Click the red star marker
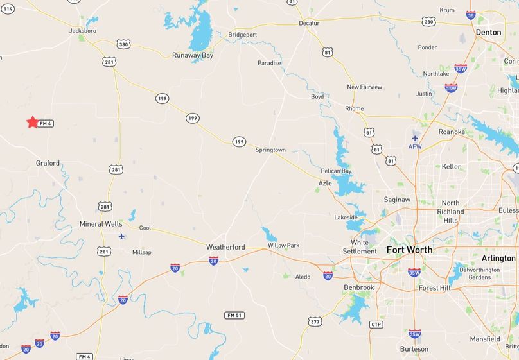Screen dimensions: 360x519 point(32,122)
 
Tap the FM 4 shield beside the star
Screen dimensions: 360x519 point(45,123)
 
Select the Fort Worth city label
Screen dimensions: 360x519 point(409,250)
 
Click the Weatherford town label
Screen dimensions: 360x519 point(225,247)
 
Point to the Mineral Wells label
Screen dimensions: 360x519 point(101,224)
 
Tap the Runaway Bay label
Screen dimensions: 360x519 point(192,55)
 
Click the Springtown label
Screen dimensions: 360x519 point(270,150)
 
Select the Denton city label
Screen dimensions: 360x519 point(488,31)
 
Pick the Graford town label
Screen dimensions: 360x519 point(48,163)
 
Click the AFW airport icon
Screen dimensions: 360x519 point(416,138)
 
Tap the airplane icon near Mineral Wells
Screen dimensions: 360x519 point(121,236)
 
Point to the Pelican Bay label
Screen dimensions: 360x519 point(336,171)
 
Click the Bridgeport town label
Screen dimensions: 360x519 point(242,34)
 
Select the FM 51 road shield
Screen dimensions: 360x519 point(234,315)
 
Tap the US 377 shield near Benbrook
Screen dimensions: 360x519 point(313,321)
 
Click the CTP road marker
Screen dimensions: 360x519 point(376,325)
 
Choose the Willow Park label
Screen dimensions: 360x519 point(283,246)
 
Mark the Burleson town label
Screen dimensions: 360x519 point(414,349)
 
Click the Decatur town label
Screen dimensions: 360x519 point(309,23)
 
